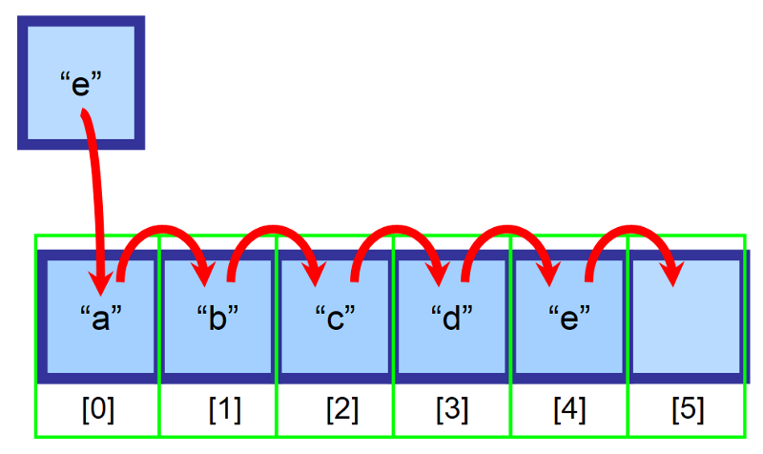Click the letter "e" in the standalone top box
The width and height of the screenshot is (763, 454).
click(x=81, y=84)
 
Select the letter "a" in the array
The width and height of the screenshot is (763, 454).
click(x=101, y=319)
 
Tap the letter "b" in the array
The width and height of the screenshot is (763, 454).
click(x=217, y=318)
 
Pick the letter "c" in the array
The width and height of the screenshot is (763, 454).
click(x=336, y=319)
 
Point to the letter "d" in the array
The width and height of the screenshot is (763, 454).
click(x=451, y=318)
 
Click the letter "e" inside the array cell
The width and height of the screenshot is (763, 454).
click(x=569, y=319)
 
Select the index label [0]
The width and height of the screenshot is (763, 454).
click(x=98, y=409)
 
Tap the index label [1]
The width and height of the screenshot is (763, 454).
click(x=225, y=409)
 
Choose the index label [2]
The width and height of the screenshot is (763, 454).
click(x=342, y=409)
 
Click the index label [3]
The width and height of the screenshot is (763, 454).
click(x=452, y=409)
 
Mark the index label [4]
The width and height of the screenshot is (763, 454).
click(x=569, y=409)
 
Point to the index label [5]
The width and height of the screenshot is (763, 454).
click(x=688, y=409)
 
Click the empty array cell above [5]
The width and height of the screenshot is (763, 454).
click(x=686, y=317)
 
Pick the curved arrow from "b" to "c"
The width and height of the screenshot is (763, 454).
click(x=275, y=228)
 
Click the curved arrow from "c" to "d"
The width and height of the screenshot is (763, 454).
click(x=397, y=228)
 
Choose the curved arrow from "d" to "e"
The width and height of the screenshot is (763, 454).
click(x=508, y=228)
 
